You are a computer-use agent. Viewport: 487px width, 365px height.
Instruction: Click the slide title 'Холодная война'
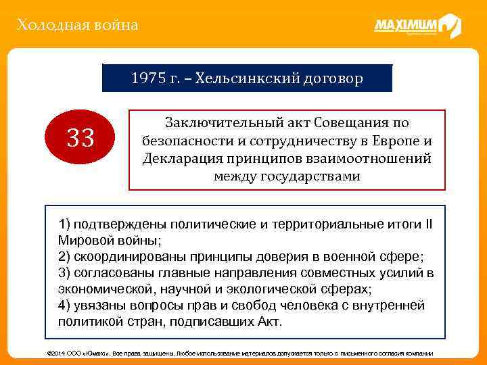78,26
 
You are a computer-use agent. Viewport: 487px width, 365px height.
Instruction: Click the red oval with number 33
80,140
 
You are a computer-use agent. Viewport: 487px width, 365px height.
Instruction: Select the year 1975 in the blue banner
147,78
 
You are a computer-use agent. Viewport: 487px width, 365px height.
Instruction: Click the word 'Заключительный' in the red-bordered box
215,124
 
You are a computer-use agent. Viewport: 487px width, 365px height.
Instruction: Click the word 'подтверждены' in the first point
119,224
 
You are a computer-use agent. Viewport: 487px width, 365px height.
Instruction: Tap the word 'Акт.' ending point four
267,322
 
